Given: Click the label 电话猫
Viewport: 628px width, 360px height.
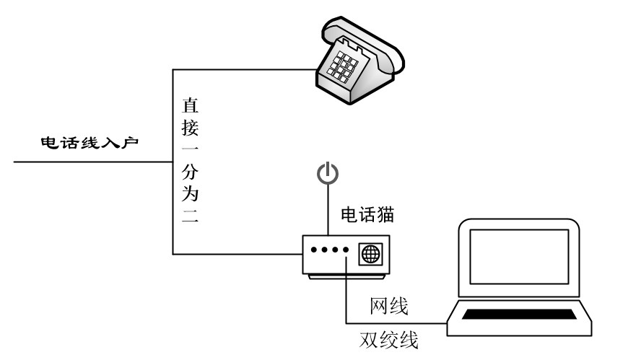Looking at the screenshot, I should [x=367, y=214].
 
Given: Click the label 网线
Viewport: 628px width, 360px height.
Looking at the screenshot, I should [x=389, y=307].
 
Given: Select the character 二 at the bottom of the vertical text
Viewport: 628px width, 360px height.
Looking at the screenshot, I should [x=189, y=217].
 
